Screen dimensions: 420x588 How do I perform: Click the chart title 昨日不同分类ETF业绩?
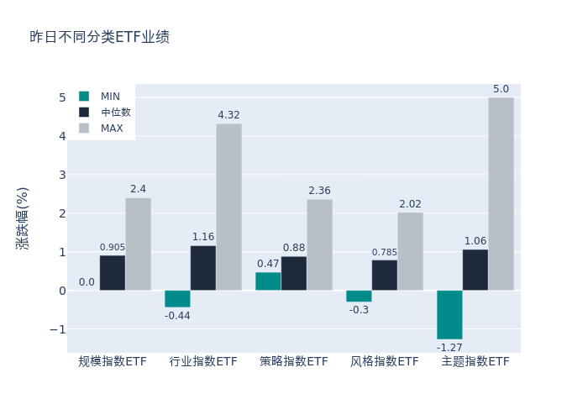(x=99, y=37)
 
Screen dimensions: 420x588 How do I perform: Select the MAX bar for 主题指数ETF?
(x=501, y=194)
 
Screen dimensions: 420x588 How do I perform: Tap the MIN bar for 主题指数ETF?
(x=449, y=314)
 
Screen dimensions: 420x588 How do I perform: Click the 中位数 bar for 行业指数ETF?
(x=203, y=268)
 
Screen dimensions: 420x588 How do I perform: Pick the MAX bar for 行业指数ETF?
(x=228, y=207)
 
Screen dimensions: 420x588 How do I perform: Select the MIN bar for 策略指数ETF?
(x=268, y=281)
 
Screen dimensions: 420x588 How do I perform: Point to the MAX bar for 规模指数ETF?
(x=138, y=244)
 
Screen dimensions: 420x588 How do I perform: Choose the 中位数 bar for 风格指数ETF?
(x=385, y=276)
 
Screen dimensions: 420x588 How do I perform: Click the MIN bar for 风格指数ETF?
(x=359, y=296)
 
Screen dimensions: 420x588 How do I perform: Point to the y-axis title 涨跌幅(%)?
(x=23, y=218)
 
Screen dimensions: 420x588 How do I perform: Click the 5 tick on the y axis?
(x=61, y=97)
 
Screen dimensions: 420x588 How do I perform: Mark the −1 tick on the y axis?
(x=58, y=329)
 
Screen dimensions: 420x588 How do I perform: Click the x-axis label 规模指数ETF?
(x=113, y=361)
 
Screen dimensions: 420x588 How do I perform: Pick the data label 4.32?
(x=228, y=115)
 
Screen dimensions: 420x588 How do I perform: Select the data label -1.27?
(x=449, y=347)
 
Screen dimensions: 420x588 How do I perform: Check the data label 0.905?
(x=113, y=247)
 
